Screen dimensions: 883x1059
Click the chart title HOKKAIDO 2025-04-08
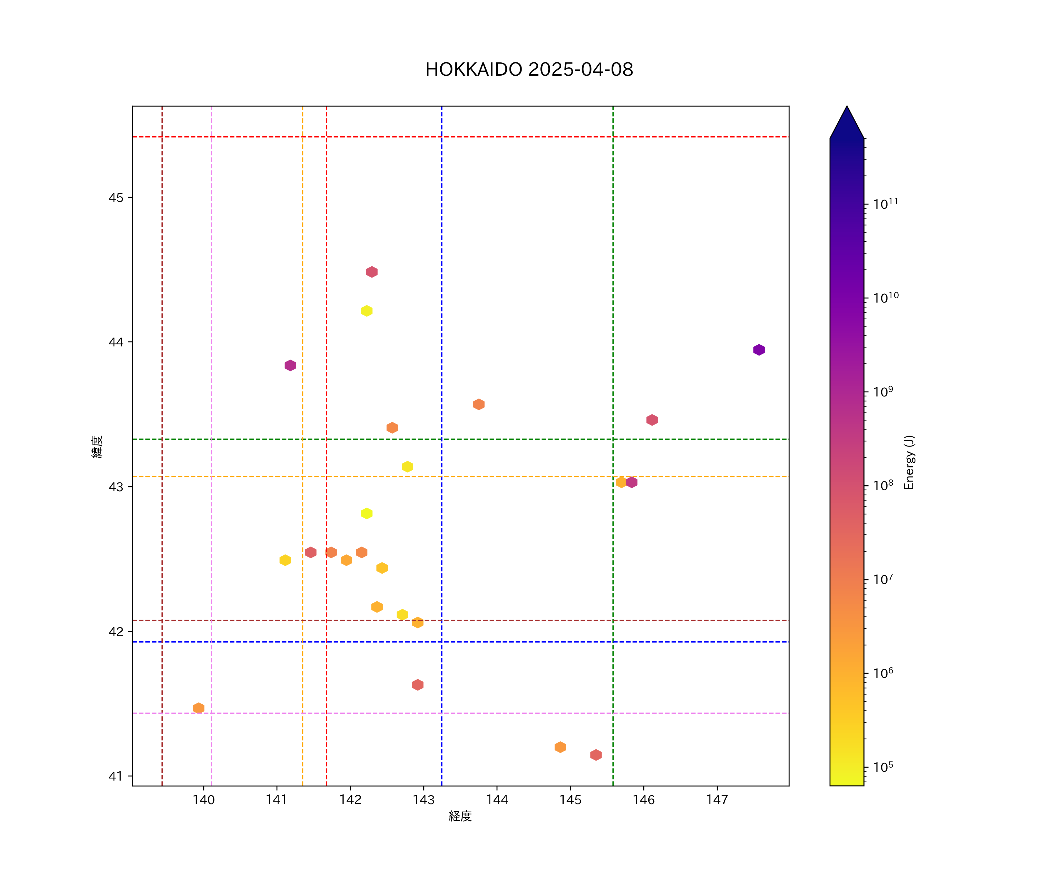[529, 70]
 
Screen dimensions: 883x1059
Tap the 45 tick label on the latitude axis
[116, 198]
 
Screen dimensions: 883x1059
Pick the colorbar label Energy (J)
[909, 462]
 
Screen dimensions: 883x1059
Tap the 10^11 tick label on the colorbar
[885, 204]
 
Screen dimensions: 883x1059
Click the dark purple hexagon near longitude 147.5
[759, 350]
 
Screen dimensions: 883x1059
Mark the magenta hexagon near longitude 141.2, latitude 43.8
[290, 365]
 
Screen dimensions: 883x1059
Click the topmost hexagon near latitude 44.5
[372, 272]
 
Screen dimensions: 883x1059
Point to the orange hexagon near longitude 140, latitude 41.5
[199, 708]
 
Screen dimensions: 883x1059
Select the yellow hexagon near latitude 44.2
[367, 311]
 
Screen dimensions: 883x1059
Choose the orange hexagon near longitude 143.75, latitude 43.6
[479, 404]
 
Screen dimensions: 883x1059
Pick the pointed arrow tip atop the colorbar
[847, 109]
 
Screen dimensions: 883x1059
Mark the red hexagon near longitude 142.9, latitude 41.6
[417, 685]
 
